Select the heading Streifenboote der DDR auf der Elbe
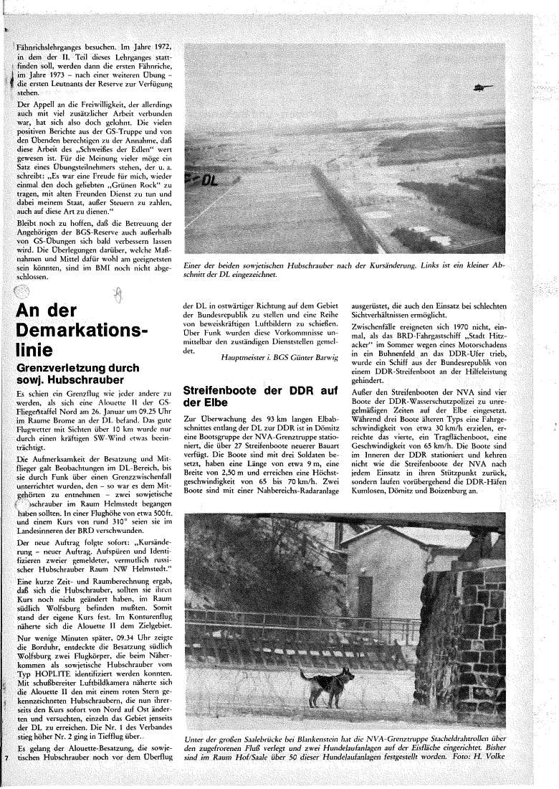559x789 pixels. (260, 397)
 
